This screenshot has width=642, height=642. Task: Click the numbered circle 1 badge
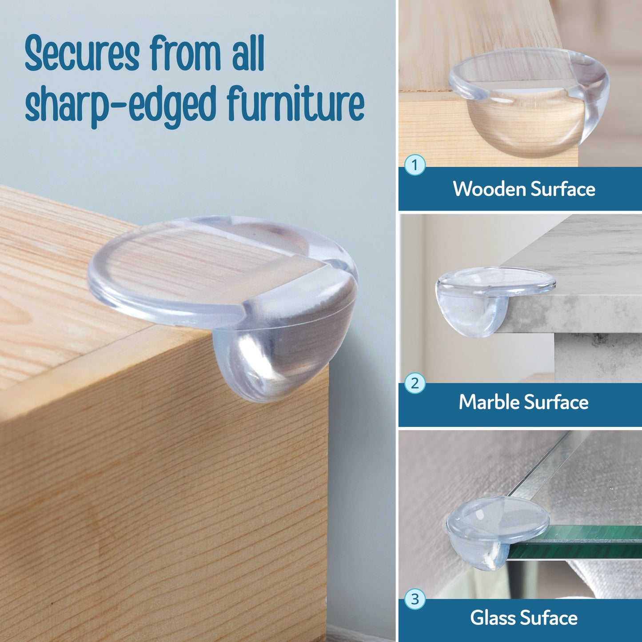(x=415, y=165)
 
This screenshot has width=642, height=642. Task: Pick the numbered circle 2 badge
(x=415, y=383)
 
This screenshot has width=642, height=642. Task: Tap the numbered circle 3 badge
(x=415, y=599)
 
